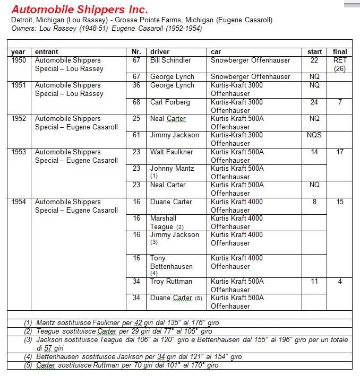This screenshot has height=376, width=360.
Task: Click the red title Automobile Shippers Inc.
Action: pos(80,10)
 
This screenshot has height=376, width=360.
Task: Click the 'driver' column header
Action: pos(160,52)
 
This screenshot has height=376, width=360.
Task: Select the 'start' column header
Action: pos(314,52)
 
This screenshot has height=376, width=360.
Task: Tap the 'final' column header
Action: pos(340,52)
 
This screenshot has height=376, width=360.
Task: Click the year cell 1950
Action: pos(18,60)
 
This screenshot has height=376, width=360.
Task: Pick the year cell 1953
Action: pos(18,152)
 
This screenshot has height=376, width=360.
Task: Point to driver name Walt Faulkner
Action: pos(172,152)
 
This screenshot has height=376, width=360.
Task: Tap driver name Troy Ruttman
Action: pos(171,282)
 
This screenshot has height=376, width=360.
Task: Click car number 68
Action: pos(136,102)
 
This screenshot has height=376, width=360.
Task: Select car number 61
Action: pos(136,135)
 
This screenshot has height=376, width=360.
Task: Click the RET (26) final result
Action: pos(340,64)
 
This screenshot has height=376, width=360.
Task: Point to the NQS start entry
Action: pos(314,135)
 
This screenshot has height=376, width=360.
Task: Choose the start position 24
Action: pos(314,102)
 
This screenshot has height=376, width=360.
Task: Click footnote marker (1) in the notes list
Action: pos(28,322)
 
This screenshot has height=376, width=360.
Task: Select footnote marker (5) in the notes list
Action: pos(28,365)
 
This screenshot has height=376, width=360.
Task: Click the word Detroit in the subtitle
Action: pos(23,20)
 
